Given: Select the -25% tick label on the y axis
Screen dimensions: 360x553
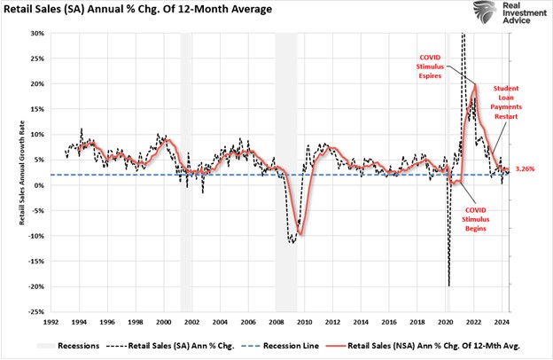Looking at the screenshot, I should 35,312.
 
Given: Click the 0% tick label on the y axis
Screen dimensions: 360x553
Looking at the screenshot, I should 38,185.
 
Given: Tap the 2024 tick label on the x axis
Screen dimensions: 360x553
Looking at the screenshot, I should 502,323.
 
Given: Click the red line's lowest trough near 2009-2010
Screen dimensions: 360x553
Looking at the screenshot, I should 301,234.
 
